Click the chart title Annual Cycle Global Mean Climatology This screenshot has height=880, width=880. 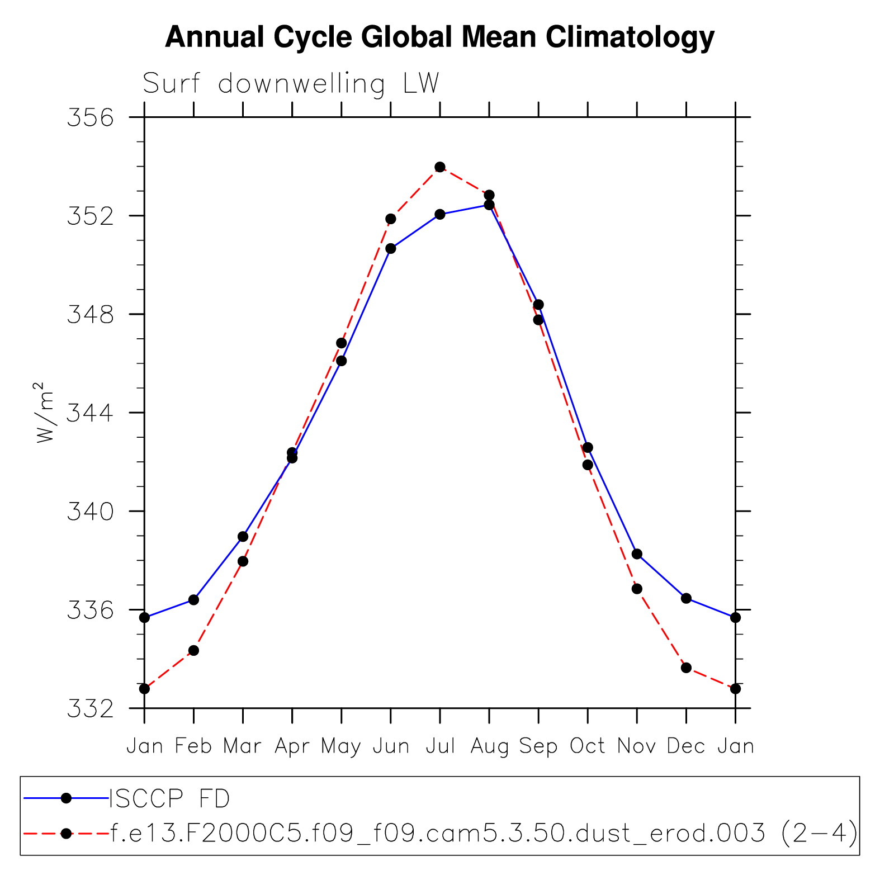(x=439, y=37)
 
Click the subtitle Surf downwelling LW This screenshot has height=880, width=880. (x=291, y=84)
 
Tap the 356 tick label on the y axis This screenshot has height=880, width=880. (x=90, y=118)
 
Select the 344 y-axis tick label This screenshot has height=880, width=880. (x=90, y=413)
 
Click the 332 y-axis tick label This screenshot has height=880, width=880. (x=90, y=709)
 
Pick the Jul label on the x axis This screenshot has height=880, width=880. (x=440, y=746)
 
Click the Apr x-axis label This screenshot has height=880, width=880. (x=292, y=746)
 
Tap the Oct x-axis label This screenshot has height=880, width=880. (x=587, y=746)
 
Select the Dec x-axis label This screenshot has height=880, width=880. (x=686, y=746)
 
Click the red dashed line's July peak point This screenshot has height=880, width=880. (x=440, y=167)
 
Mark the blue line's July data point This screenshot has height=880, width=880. (x=440, y=214)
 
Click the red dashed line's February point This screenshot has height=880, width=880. (x=193, y=650)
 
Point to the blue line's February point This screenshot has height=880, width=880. (x=193, y=600)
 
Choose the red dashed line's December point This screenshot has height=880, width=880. (x=686, y=668)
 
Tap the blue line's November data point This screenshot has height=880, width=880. (x=637, y=554)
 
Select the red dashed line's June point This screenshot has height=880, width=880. (x=391, y=219)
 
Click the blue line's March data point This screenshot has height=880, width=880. (x=243, y=537)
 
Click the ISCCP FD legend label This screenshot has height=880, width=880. (x=169, y=799)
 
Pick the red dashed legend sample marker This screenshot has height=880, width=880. (x=66, y=834)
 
